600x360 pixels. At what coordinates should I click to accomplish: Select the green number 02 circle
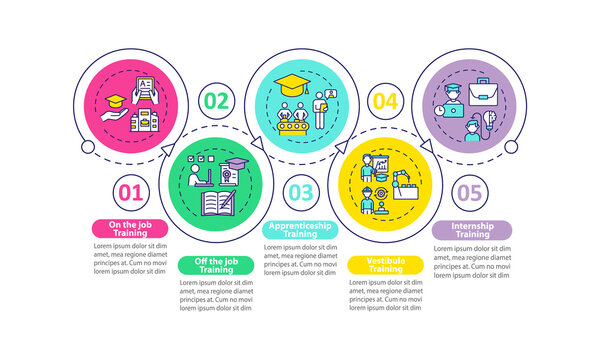(215, 101)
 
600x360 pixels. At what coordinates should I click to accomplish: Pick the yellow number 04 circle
(385, 101)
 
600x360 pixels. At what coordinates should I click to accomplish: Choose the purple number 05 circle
(470, 192)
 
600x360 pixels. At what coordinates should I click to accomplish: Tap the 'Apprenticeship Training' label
(299, 230)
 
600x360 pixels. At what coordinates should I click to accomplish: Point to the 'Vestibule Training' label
(384, 267)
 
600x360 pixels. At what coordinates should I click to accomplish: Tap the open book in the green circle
(218, 204)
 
